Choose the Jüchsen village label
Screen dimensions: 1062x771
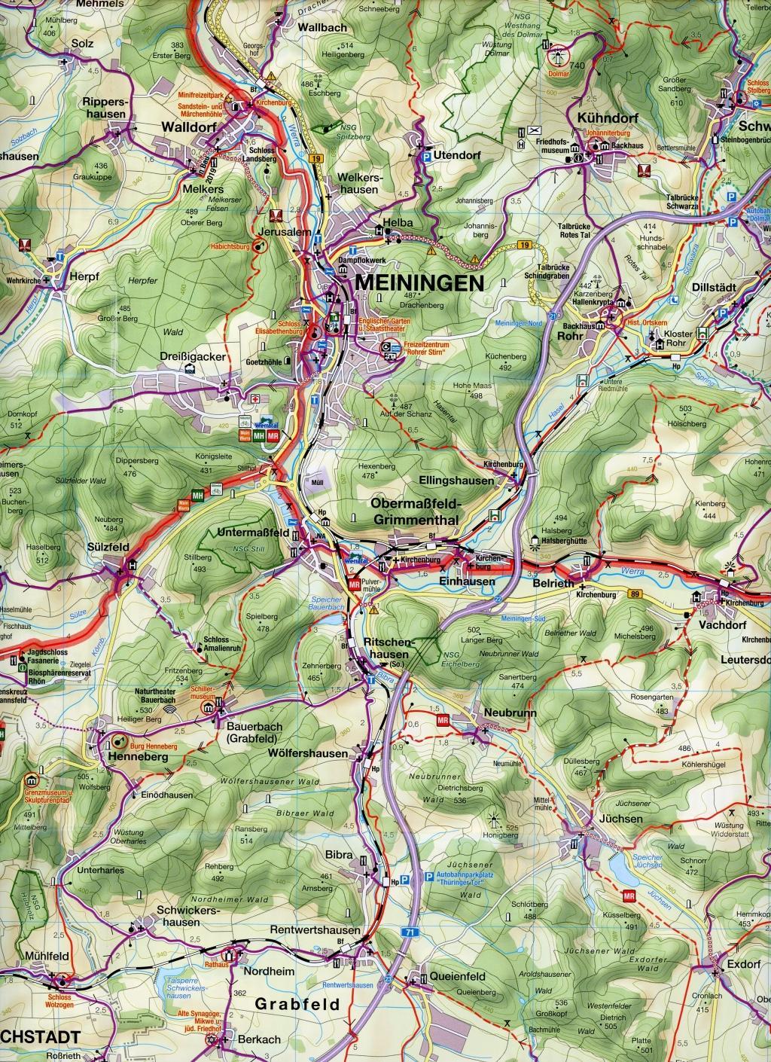[601, 819]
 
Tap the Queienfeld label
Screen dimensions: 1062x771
[458, 976]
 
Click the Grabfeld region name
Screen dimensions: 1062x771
[298, 1004]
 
